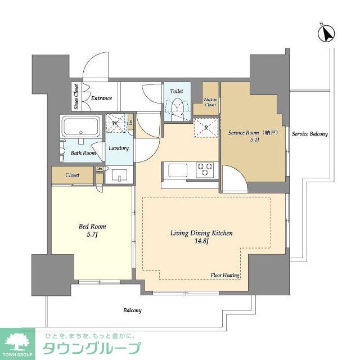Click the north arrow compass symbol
(325, 33)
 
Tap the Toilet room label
(176, 89)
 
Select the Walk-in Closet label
(210, 102)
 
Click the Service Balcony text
(309, 134)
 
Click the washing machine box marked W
(115, 123)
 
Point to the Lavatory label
(119, 148)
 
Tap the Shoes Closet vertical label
(75, 97)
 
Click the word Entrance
(101, 98)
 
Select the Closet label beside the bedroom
(72, 175)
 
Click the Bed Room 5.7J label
(92, 231)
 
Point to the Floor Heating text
(226, 276)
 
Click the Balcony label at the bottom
(133, 310)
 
